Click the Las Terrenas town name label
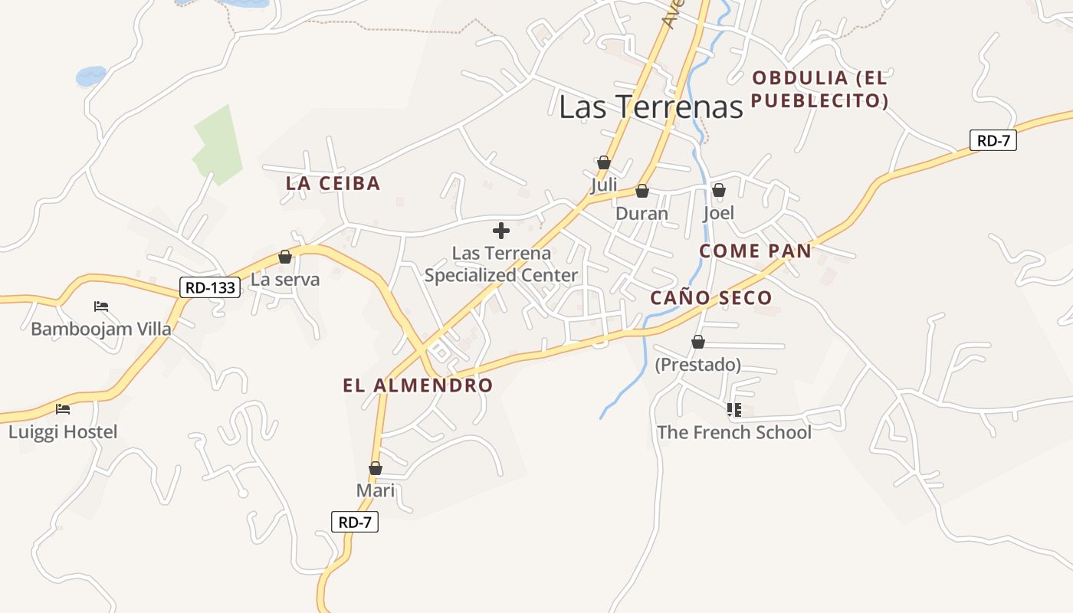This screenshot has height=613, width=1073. click(651, 107)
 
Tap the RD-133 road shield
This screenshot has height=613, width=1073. click(210, 287)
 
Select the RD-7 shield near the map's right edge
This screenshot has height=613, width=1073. click(993, 140)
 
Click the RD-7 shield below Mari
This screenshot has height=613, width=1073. click(356, 523)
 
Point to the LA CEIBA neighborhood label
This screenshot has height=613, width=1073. click(333, 183)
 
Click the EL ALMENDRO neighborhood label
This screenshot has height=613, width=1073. click(418, 385)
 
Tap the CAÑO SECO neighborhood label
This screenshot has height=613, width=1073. click(710, 298)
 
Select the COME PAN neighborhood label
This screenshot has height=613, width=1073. click(755, 251)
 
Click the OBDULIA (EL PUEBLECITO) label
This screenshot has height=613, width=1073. click(819, 89)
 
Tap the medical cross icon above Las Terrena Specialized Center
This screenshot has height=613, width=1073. click(501, 231)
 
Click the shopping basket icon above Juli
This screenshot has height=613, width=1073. click(603, 162)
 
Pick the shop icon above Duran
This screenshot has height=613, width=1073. click(642, 191)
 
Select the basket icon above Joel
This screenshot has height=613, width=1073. click(718, 189)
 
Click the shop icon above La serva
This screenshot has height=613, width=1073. click(285, 257)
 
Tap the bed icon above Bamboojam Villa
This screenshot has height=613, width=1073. click(100, 306)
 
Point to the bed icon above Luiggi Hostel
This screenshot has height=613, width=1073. click(63, 409)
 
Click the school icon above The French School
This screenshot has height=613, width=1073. click(733, 410)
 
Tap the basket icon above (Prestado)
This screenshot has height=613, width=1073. click(697, 342)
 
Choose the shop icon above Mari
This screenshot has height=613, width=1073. click(376, 467)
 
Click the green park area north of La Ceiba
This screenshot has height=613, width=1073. click(218, 146)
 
